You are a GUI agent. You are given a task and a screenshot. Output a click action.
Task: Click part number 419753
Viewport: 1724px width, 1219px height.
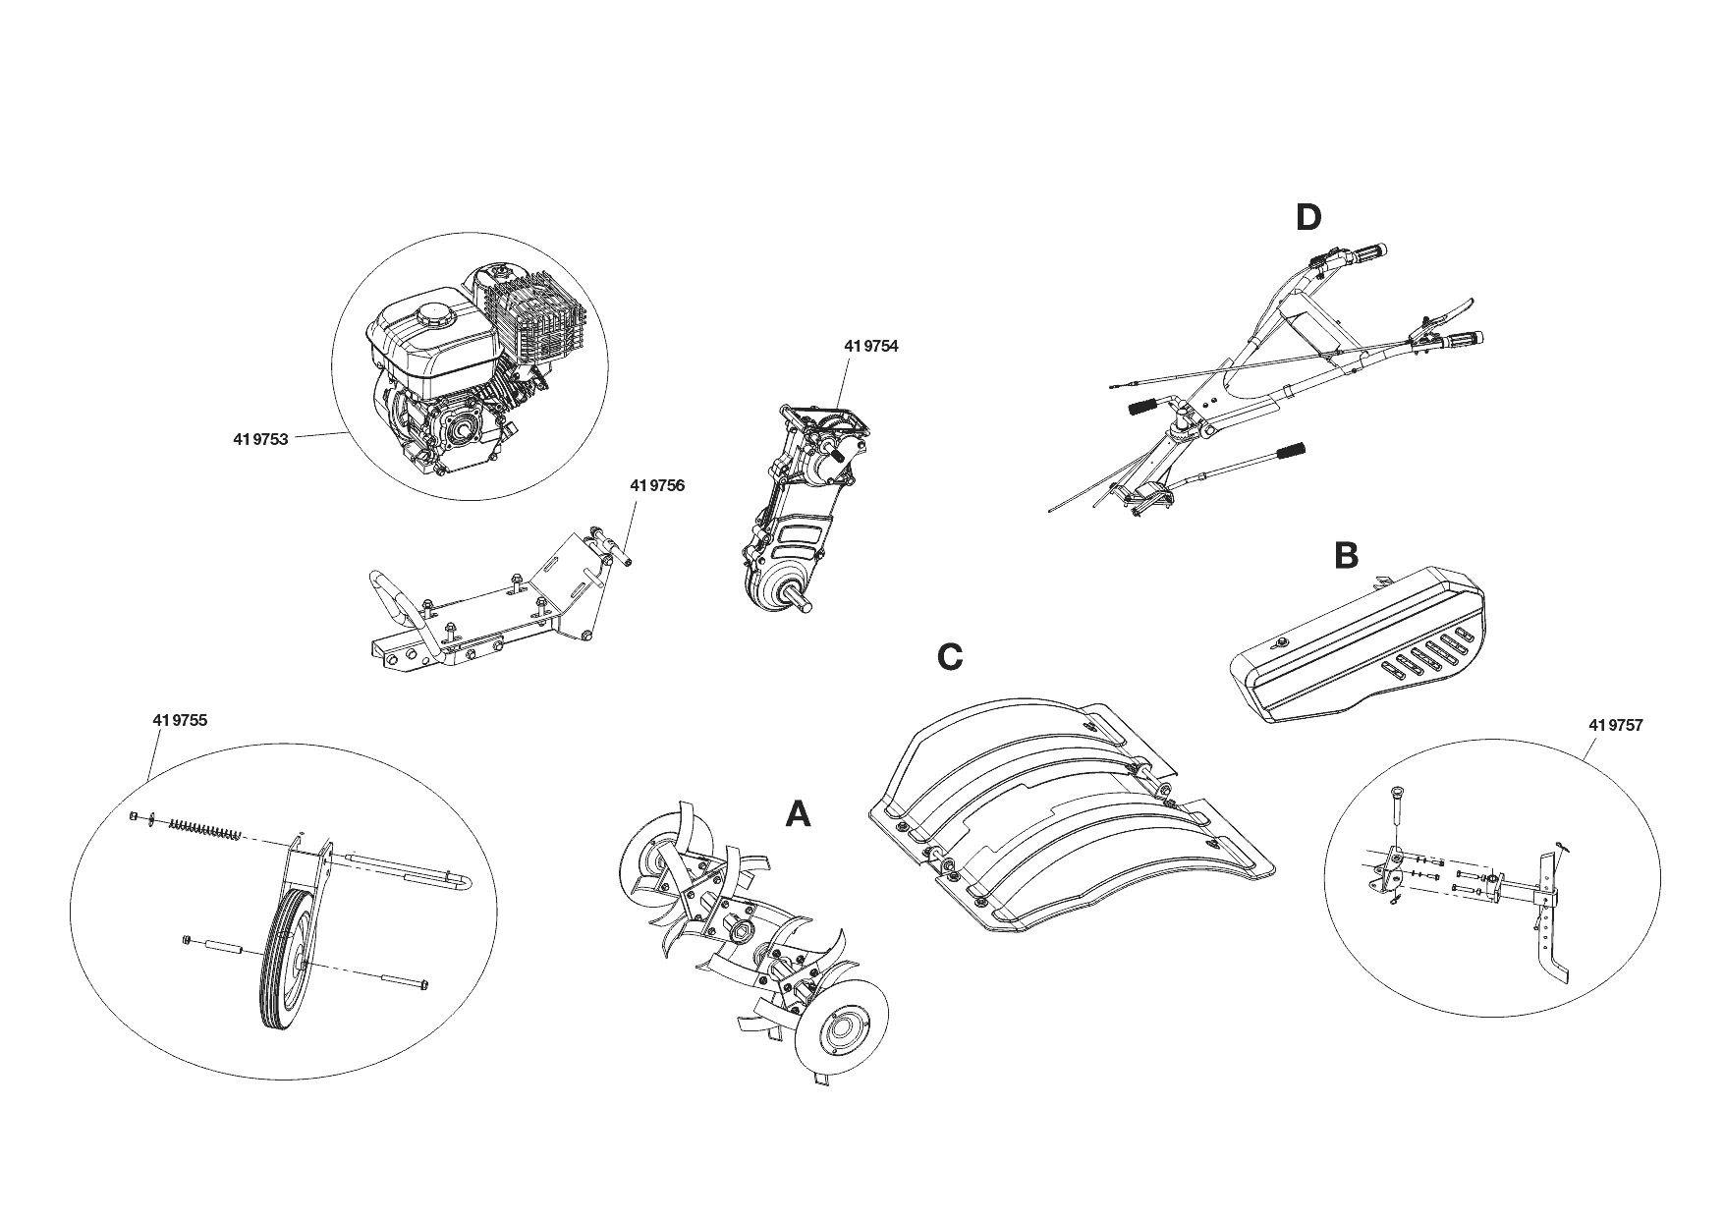coord(260,439)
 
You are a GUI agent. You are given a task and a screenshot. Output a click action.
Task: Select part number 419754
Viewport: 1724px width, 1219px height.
coord(870,346)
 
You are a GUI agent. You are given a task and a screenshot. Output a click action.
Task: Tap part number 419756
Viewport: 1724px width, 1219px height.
coord(657,485)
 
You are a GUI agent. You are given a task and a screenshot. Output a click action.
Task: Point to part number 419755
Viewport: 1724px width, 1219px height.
coord(180,720)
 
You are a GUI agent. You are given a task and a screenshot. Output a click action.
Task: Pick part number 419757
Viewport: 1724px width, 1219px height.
coord(1615,725)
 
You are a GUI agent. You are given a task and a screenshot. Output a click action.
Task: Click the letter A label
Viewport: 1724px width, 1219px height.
coord(799,813)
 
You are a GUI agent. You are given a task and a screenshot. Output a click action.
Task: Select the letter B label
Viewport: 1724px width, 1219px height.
coord(1346,556)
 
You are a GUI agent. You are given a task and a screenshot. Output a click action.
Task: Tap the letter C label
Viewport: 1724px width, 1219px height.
coord(950,656)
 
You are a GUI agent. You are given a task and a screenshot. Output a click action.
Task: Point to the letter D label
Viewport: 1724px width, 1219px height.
coord(1308,217)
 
